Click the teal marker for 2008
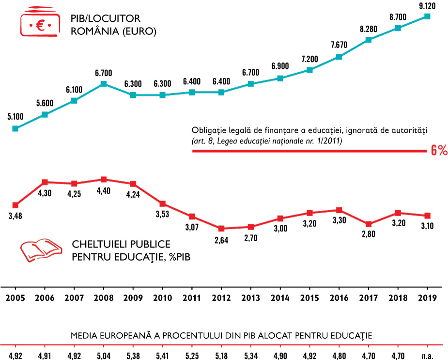click(104, 84)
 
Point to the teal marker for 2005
click(15, 128)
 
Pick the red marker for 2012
click(221, 228)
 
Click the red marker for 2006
click(45, 182)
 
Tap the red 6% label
click(439, 151)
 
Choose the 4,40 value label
click(104, 190)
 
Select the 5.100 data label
click(15, 117)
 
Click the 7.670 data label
click(339, 45)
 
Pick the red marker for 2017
click(369, 224)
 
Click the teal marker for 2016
click(339, 57)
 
